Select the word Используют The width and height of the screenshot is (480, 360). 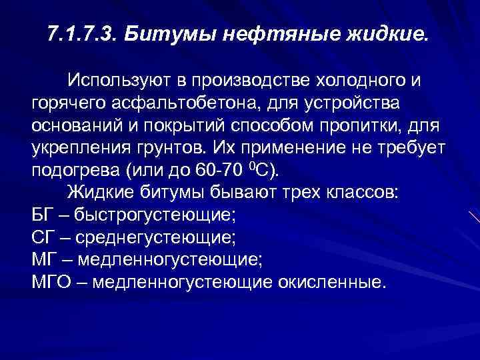(x=126, y=82)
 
